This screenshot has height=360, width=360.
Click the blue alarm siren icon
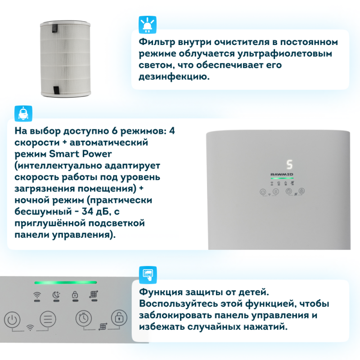(148, 25)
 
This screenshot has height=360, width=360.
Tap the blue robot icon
(23, 114)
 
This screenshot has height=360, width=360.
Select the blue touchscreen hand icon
(148, 275)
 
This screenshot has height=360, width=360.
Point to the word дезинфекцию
(174, 76)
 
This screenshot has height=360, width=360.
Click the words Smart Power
(81, 154)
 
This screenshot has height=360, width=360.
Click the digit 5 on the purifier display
(289, 165)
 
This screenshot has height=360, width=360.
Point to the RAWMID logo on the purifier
(282, 175)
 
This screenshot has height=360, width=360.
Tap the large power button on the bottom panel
(12, 319)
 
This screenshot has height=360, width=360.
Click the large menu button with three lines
(48, 319)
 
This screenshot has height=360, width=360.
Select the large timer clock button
(84, 318)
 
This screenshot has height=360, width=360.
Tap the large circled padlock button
(119, 318)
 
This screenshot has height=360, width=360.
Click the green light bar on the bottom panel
(66, 283)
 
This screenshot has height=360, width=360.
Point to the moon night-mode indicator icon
(56, 295)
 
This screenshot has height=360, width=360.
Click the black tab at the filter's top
(55, 28)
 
